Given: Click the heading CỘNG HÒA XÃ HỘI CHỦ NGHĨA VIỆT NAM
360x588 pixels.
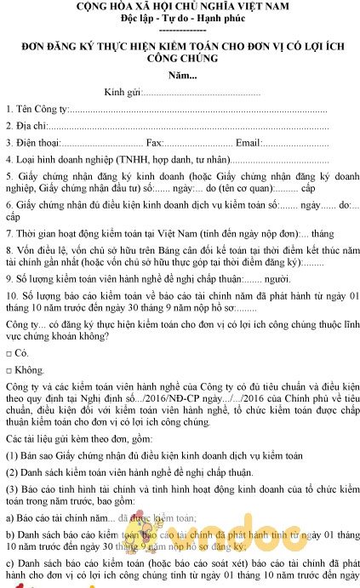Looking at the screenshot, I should pos(181,7).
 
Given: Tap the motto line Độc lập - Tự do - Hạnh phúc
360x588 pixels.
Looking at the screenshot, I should pos(181,19).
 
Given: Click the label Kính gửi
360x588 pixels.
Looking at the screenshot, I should pos(121,92).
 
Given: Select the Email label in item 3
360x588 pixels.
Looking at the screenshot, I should pos(249,142).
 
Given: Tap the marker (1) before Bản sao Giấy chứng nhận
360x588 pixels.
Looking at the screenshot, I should pos(11,455).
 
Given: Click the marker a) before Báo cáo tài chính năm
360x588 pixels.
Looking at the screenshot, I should pos(9,517).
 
